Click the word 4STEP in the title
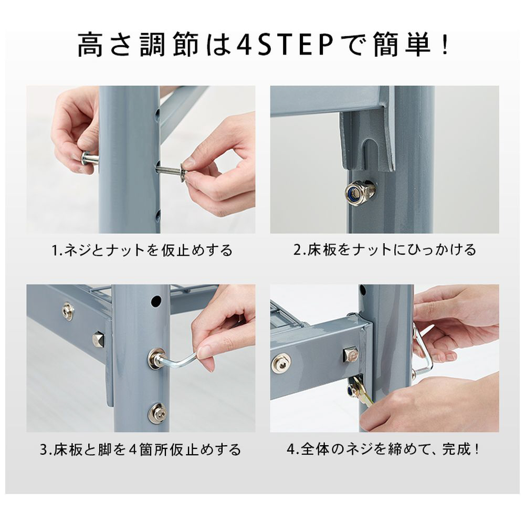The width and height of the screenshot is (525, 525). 285,45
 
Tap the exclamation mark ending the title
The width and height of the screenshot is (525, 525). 445,45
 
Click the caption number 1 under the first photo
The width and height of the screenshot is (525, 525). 54,250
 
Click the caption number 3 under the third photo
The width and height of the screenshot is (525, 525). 44,449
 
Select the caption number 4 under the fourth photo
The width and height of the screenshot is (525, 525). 291,449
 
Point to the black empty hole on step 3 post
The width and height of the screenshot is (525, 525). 156,301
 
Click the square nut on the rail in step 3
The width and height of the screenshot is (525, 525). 99,339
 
